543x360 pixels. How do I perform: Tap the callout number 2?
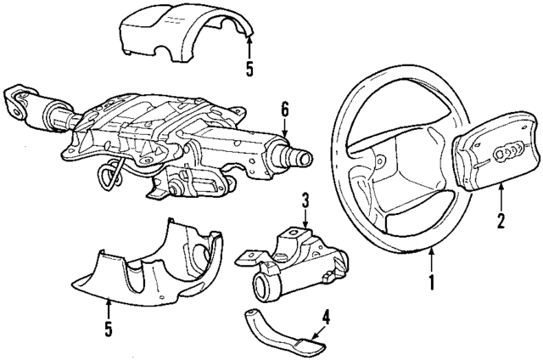click(x=501, y=222)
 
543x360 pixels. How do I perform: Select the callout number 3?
click(x=303, y=201)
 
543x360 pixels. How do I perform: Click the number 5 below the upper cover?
click(x=249, y=67)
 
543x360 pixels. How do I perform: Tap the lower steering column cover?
click(x=153, y=263)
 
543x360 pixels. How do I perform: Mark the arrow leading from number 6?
click(x=286, y=129)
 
